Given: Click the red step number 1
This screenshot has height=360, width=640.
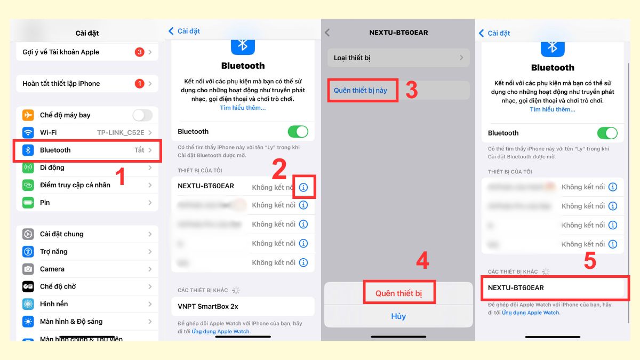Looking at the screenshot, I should click(x=121, y=177).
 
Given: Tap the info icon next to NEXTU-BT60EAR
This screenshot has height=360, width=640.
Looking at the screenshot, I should click(x=303, y=187).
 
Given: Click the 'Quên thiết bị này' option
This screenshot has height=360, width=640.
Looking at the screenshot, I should click(x=361, y=90).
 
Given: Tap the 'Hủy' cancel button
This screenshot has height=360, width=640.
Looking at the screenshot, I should click(x=398, y=316).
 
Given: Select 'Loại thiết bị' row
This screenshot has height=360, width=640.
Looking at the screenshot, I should click(x=398, y=58).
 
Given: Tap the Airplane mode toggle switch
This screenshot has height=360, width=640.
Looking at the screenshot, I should click(x=142, y=115).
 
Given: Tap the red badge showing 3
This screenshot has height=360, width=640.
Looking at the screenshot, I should click(x=139, y=52).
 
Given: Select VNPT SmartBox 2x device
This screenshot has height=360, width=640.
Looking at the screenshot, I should click(x=243, y=307).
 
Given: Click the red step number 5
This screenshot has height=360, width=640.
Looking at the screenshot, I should click(x=589, y=262).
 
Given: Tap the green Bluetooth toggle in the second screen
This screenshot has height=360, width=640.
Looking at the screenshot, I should click(x=298, y=132).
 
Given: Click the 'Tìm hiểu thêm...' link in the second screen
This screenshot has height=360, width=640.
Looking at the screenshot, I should click(x=243, y=108).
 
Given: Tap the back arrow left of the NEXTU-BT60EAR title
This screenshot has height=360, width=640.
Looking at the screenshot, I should click(x=327, y=33).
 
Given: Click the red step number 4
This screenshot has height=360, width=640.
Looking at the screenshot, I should click(x=422, y=260).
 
